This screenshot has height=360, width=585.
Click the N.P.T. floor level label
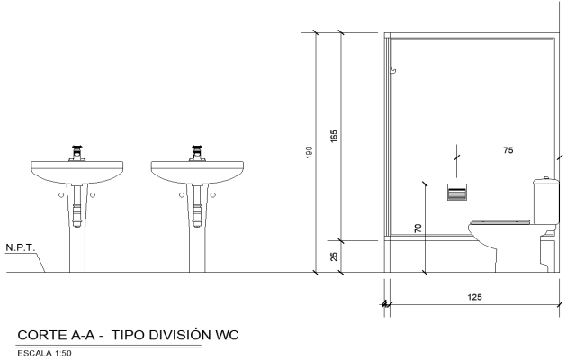(x=20, y=247)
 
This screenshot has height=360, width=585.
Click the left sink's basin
(x=79, y=170)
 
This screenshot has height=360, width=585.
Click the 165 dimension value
(x=334, y=137)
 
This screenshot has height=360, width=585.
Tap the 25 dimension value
(x=334, y=256)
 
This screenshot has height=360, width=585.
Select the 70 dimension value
(x=418, y=229)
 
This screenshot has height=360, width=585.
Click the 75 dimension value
(x=508, y=150)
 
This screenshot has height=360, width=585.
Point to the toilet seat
(x=500, y=220)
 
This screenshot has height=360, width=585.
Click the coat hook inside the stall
(x=392, y=70)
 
